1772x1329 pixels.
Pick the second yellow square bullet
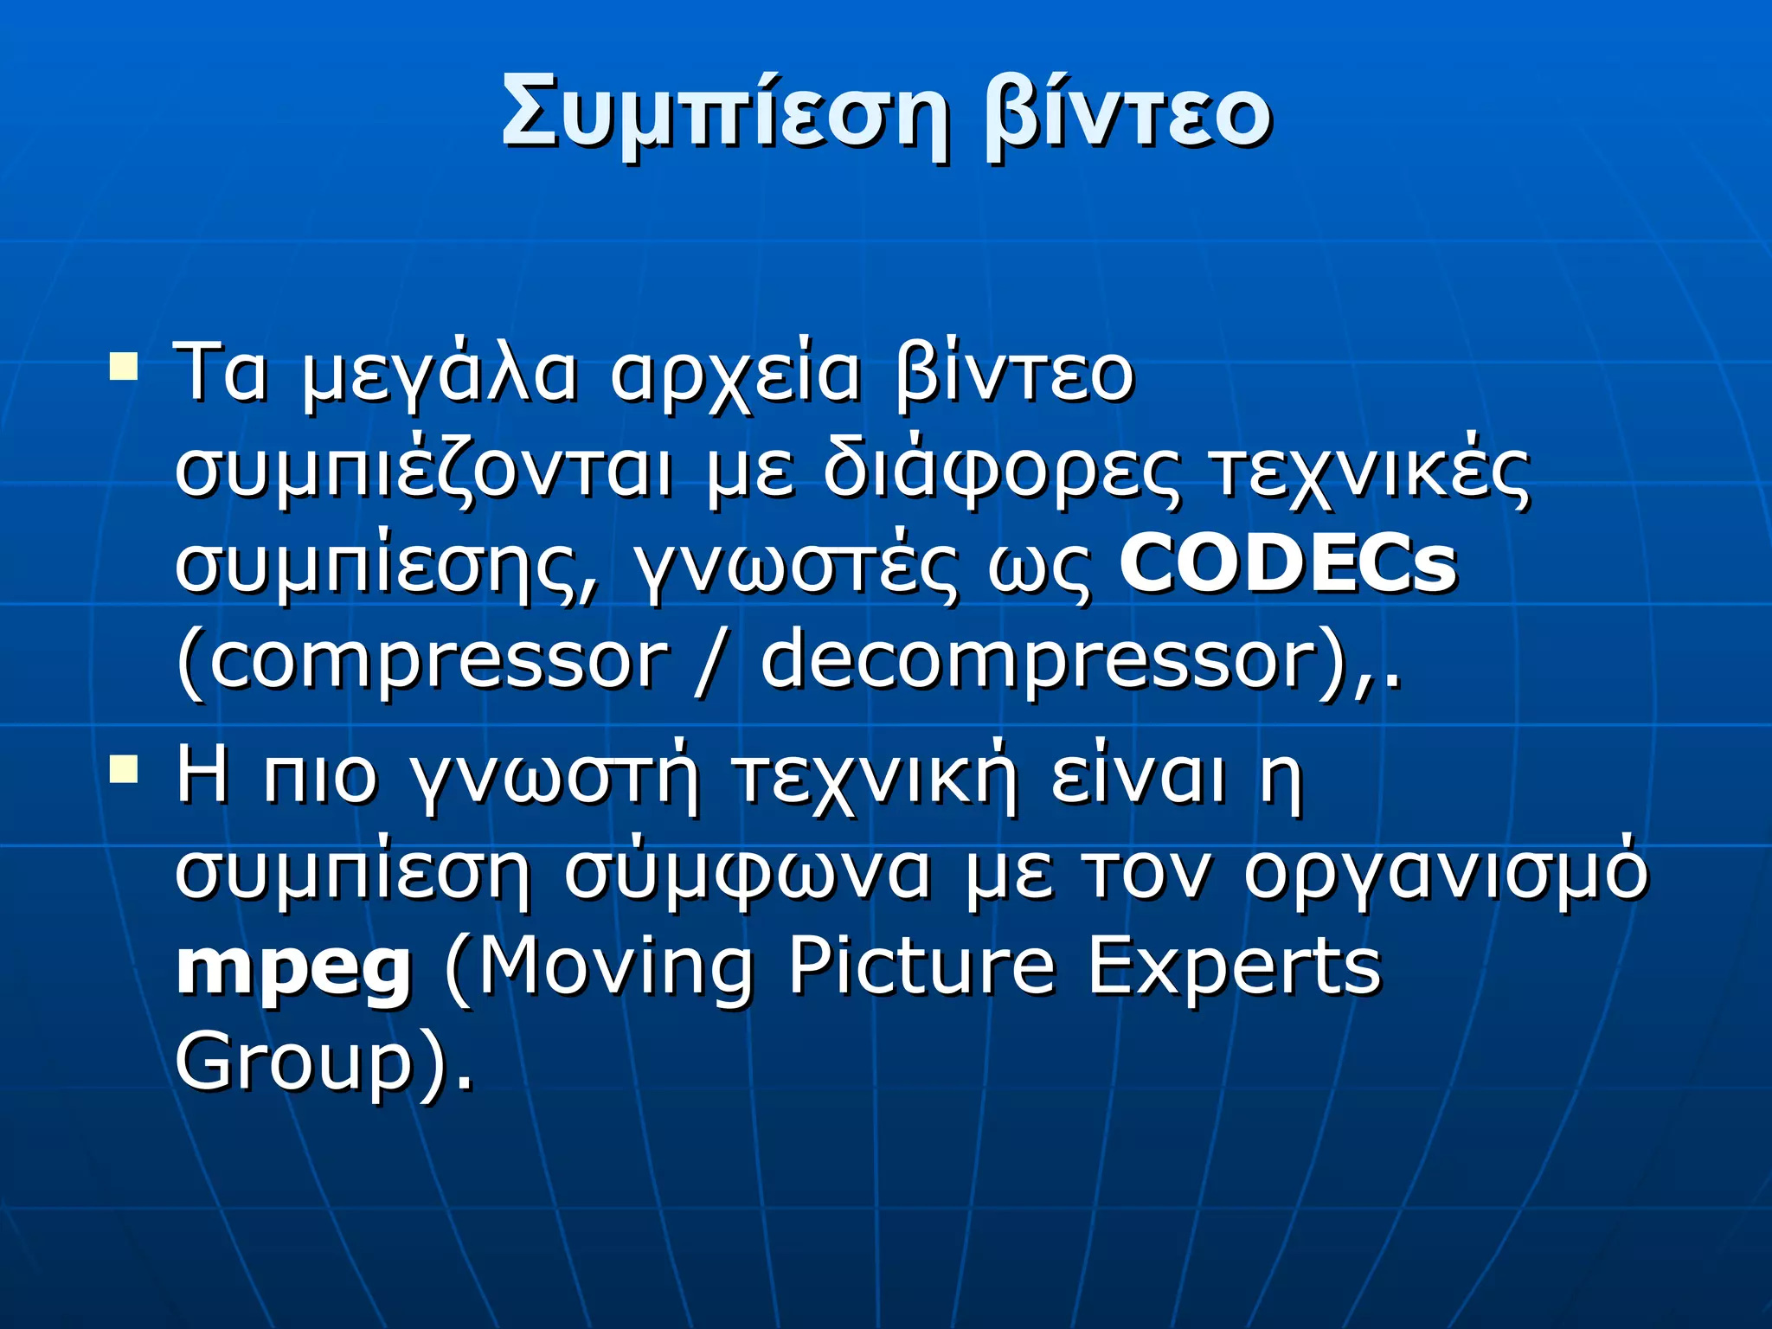[124, 767]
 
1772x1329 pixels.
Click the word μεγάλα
[440, 377]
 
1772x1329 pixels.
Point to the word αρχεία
[735, 377]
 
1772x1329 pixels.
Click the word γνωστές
[796, 568]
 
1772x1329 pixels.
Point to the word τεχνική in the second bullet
[874, 777]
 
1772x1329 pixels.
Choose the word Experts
[1234, 969]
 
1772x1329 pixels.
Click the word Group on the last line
[294, 1064]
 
